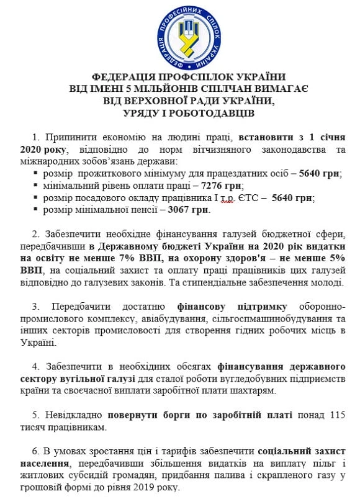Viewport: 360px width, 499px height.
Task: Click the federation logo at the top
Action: click(180, 34)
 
